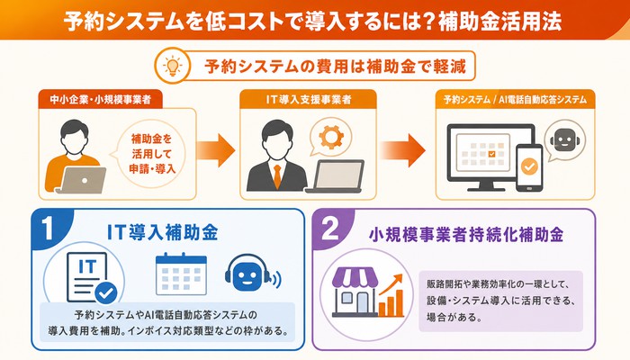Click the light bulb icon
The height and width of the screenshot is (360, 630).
[173, 65]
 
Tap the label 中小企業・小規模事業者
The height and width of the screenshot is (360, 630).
[101, 99]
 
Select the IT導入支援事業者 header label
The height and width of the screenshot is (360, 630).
[308, 99]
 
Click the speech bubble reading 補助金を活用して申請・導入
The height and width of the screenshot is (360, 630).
[151, 154]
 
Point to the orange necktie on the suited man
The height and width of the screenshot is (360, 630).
[277, 176]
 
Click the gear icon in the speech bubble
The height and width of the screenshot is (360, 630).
[331, 137]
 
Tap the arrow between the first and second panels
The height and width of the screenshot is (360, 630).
[215, 150]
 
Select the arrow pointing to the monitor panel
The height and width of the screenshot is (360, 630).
[402, 150]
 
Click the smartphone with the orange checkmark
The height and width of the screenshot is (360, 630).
[529, 167]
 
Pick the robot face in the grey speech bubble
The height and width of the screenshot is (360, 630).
[564, 139]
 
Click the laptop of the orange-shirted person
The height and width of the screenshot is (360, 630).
[83, 180]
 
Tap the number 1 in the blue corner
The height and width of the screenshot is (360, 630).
[48, 229]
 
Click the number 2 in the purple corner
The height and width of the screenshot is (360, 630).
[330, 229]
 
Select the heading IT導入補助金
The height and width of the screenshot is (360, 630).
[162, 232]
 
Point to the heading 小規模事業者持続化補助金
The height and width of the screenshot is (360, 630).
[466, 235]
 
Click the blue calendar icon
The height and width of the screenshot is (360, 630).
[181, 274]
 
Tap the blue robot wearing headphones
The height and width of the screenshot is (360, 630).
[251, 273]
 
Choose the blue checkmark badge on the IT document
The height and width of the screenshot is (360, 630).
[105, 293]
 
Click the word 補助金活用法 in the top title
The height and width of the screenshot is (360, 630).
[499, 21]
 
